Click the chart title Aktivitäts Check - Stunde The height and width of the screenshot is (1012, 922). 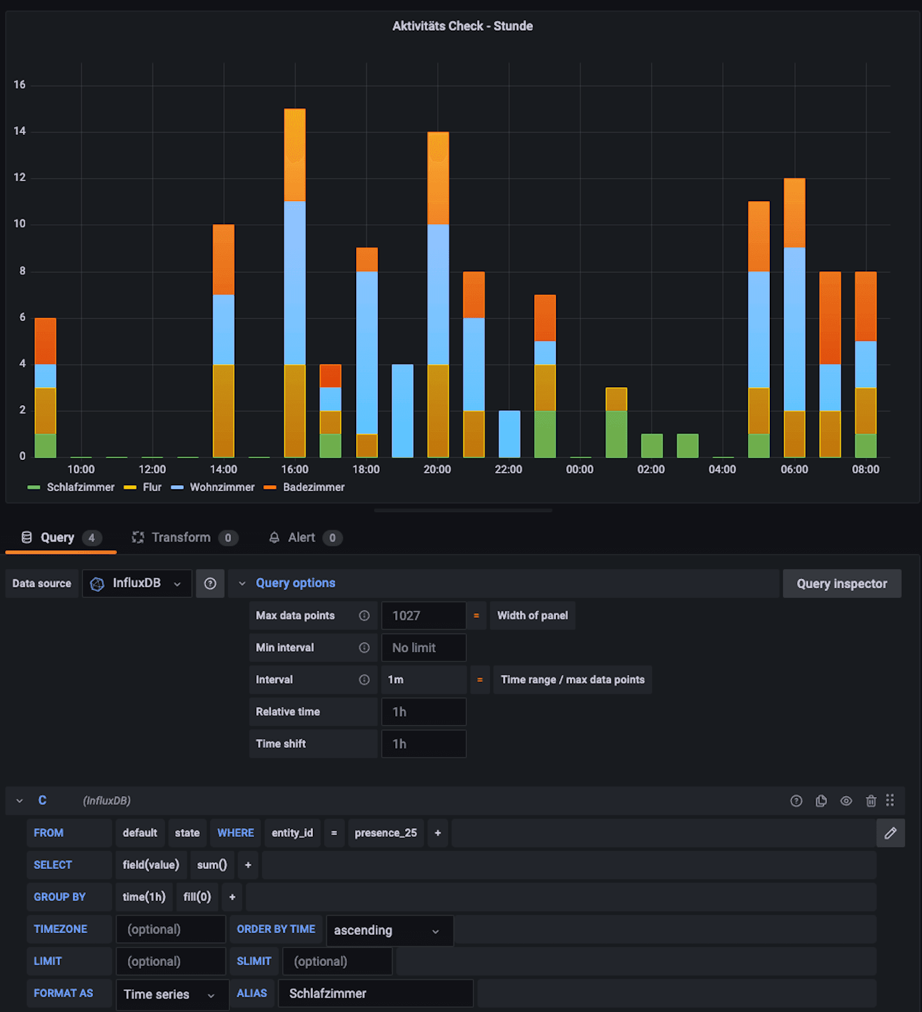point(462,26)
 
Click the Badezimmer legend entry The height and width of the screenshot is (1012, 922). point(313,487)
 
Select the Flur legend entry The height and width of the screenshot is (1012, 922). point(152,487)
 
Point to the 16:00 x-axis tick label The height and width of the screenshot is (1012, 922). point(294,469)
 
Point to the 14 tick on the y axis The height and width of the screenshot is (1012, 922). point(20,131)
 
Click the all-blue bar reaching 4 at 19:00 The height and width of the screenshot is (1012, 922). point(402,410)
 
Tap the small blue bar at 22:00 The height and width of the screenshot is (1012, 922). point(509,433)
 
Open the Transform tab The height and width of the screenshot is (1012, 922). point(181,537)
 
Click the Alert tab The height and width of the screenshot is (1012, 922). point(301,537)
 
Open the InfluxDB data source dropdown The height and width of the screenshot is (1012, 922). point(137,583)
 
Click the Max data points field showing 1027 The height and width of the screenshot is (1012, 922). point(424,615)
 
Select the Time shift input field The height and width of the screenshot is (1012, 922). point(424,743)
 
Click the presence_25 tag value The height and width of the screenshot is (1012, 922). point(386,833)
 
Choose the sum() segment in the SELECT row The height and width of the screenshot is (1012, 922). point(212,864)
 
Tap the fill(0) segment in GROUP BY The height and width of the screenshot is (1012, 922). point(197,897)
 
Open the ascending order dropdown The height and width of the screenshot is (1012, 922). point(389,930)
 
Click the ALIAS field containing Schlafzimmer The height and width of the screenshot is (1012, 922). point(375,993)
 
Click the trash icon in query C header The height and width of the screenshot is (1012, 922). point(871,800)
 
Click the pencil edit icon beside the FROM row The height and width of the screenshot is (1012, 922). point(890,833)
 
